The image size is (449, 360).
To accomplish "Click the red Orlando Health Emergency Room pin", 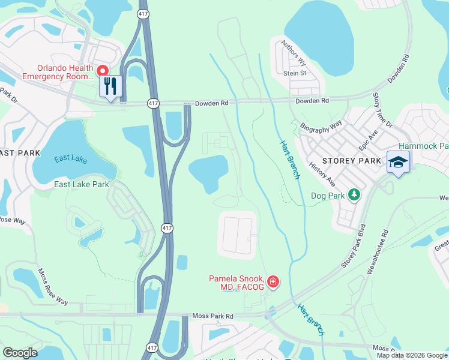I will [x=101, y=70].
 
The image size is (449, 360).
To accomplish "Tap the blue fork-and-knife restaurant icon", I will [x=110, y=86].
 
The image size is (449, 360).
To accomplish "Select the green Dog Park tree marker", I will [x=355, y=194].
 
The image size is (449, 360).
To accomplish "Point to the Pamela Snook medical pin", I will [x=273, y=281].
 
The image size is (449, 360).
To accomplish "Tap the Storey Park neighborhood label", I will [x=352, y=161].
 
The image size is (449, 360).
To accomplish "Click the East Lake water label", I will [x=70, y=159].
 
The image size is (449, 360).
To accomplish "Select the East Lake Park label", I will [x=82, y=184].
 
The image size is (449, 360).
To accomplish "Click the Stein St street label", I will [x=295, y=73].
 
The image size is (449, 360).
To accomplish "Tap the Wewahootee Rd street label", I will [x=377, y=251].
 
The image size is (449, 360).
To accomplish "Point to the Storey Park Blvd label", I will [x=353, y=246].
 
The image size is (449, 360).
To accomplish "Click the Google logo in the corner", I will [x=20, y=353].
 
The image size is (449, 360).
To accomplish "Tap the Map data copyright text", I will [x=412, y=355].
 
